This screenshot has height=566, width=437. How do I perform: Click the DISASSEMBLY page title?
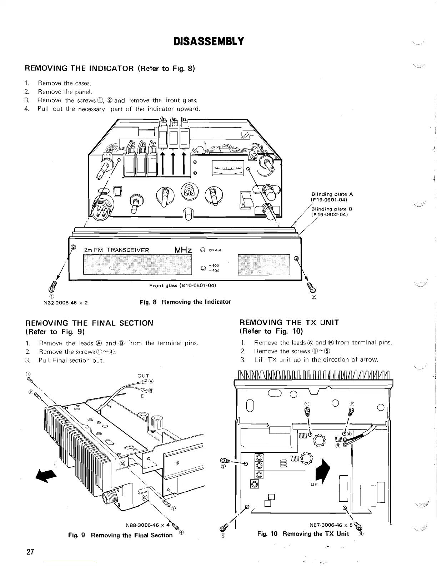[x=209, y=41]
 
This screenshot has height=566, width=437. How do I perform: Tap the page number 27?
[x=30, y=552]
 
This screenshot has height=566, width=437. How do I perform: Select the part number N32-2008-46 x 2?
[x=66, y=303]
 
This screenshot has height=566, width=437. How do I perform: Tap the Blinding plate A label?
[x=332, y=197]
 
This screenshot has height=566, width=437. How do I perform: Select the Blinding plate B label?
[x=332, y=212]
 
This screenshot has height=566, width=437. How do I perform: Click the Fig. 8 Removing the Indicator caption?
[x=185, y=302]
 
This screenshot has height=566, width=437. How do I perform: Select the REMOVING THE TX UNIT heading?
[x=289, y=323]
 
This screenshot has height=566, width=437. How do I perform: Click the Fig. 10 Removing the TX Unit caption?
[x=303, y=534]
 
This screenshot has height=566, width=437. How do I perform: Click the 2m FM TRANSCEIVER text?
[x=116, y=250]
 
